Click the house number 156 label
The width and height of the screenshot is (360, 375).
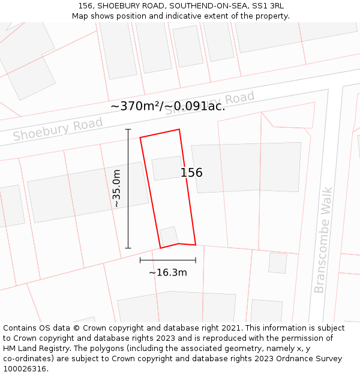tap(191, 173)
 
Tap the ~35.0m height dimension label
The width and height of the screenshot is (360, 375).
tap(116, 188)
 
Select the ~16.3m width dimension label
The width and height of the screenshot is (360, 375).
tap(168, 272)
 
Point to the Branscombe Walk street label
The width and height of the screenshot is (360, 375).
tap(323, 240)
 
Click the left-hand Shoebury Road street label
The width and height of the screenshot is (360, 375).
tap(58, 129)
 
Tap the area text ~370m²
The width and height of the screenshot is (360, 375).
tap(136, 106)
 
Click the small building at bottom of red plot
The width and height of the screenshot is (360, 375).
tap(169, 236)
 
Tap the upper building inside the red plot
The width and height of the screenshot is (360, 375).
tap(167, 168)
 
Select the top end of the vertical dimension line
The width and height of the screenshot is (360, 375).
tap(128, 129)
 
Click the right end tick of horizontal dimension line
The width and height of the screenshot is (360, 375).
tap(196, 260)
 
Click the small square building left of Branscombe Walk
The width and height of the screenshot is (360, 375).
tap(277, 263)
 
